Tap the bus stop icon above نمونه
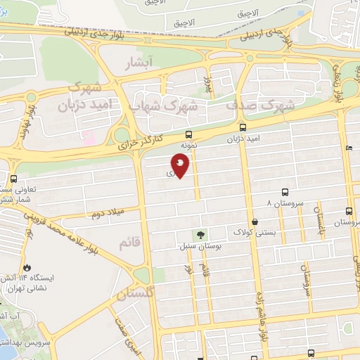coord(188,134)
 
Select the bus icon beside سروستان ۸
coord(285,191)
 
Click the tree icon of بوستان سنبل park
coord(201,236)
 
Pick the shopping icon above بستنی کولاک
coord(254,221)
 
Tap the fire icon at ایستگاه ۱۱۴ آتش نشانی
coord(27,267)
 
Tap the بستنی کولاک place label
coord(251,231)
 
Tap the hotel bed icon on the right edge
coord(349,148)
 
